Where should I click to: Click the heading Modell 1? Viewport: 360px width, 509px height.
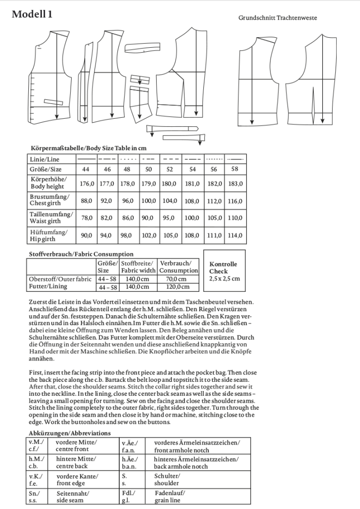pos(31,14)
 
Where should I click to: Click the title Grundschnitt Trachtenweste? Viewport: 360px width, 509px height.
pos(277,18)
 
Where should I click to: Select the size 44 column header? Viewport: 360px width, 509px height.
pos(85,169)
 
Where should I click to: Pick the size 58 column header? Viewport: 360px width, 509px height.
pos(235,169)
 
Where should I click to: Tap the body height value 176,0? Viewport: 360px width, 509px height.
pos(87,183)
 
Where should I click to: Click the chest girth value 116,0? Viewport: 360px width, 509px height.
pos(235,201)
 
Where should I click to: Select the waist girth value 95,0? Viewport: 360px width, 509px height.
pos(169,218)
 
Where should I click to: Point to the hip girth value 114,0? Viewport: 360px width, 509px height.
pos(235,235)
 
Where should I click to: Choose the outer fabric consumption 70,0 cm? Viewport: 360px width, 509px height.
pos(178,279)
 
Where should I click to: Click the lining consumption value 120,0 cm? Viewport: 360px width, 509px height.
pos(178,287)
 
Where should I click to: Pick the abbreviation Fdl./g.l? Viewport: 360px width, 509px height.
pos(129,496)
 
